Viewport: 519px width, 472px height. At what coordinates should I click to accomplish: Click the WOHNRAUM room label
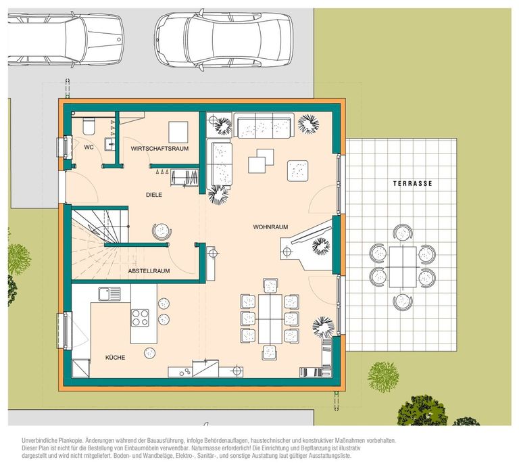coord(270,227)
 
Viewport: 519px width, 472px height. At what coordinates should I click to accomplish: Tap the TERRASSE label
coord(412,183)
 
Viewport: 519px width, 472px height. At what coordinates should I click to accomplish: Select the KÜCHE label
coord(115,358)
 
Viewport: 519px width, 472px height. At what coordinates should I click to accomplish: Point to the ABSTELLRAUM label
coord(149,271)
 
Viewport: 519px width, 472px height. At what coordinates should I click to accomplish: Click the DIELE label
coord(154,195)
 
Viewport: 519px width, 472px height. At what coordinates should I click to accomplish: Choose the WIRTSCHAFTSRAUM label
coord(159,149)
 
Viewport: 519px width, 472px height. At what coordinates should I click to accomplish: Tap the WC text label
coord(89,147)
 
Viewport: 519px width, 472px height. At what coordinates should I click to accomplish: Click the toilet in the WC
coord(89,126)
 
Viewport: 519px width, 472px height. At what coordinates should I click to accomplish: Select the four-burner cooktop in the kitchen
coord(140,318)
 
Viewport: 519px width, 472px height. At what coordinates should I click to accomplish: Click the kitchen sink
coord(109,293)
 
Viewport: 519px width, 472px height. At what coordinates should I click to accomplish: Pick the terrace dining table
coord(403,267)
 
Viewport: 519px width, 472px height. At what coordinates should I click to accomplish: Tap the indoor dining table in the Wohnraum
coord(270,318)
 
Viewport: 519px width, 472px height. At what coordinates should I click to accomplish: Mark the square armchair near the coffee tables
coord(298,170)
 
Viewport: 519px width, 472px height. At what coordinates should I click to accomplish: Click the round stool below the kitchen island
coord(149,352)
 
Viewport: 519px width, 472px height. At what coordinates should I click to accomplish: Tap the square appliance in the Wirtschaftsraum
coord(178,132)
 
